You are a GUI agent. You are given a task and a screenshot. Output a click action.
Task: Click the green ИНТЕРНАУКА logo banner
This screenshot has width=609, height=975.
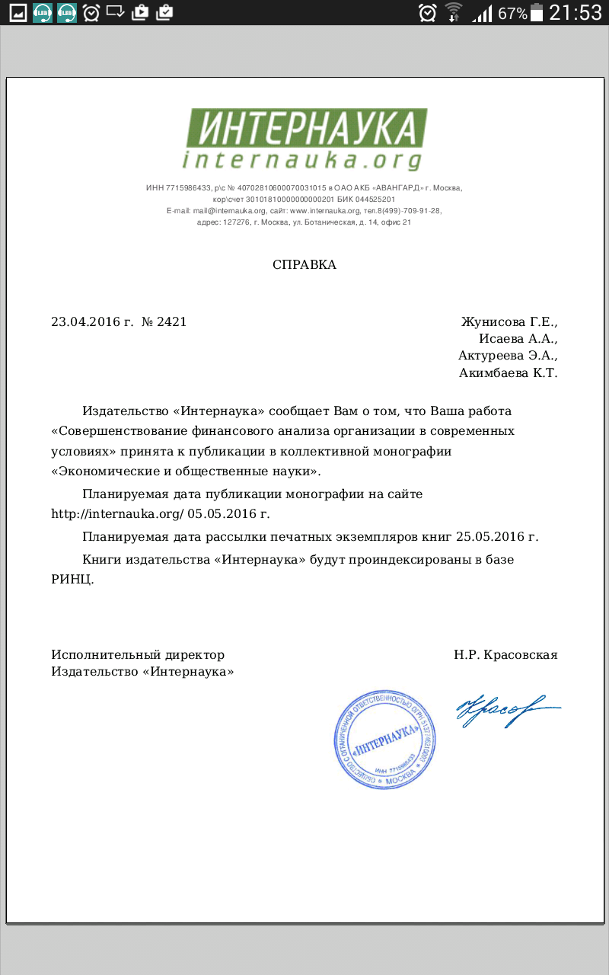306,128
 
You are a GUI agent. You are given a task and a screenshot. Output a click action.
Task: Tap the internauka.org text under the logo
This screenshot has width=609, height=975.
302,160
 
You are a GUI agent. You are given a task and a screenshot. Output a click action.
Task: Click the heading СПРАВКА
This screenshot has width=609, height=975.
304,265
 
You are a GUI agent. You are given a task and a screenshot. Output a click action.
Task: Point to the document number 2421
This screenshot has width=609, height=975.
172,321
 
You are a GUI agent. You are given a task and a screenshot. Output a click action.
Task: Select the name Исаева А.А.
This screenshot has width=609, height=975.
518,338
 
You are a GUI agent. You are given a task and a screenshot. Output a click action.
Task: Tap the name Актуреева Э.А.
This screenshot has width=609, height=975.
508,355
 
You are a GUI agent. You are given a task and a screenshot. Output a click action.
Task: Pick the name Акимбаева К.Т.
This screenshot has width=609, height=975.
508,372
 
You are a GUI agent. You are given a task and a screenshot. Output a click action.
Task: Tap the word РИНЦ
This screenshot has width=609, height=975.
72,579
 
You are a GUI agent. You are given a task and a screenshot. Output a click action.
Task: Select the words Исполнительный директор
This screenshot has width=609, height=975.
138,654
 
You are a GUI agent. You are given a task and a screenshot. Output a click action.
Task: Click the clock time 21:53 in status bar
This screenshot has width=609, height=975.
576,13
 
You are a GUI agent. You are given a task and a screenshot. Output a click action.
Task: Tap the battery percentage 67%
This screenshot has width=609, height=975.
512,14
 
